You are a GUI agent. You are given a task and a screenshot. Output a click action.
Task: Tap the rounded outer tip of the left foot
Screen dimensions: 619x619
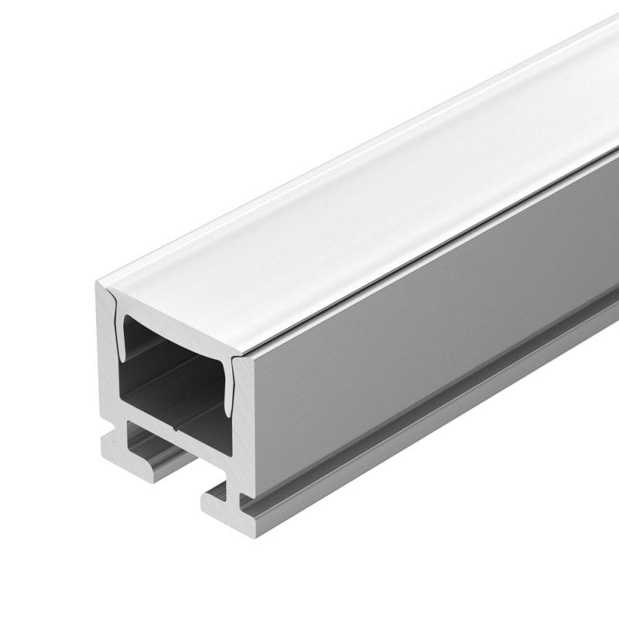tap(104, 447)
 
